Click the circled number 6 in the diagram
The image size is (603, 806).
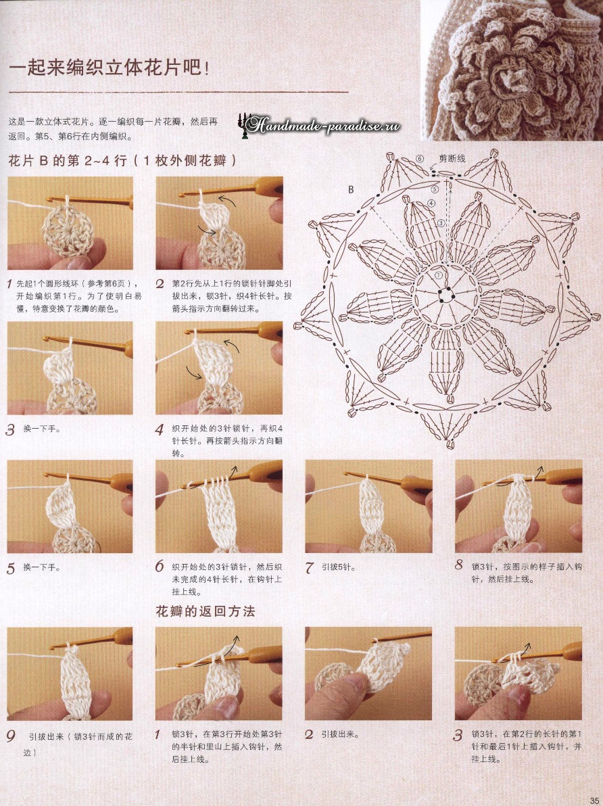click(x=420, y=159)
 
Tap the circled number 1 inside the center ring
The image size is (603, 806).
click(x=438, y=275)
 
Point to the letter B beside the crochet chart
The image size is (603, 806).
click(x=351, y=190)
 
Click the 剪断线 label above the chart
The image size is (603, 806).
click(x=452, y=158)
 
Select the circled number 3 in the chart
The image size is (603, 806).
click(x=441, y=223)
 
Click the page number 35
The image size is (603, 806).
click(x=596, y=798)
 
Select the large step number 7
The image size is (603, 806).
click(x=309, y=568)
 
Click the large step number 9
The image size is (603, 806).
click(x=11, y=736)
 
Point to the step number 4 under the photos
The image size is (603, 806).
click(x=160, y=429)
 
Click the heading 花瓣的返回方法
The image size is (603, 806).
click(x=205, y=611)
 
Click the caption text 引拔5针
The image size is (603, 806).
click(x=337, y=567)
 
